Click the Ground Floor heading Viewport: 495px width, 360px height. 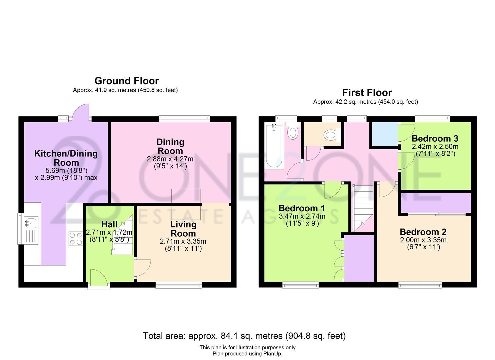(x=126, y=81)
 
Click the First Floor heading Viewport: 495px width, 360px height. (x=367, y=93)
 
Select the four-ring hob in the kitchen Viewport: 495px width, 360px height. (x=75, y=239)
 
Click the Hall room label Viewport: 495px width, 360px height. (x=109, y=224)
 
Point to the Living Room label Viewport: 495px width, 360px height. (x=183, y=229)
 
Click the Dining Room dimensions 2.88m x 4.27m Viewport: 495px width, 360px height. (x=170, y=159)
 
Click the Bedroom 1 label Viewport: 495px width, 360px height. (x=302, y=208)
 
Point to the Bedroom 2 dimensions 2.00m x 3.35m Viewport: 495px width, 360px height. (x=423, y=240)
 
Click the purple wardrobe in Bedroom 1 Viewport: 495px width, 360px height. (x=359, y=258)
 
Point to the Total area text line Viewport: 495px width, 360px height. (x=244, y=336)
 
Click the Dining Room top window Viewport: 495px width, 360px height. (x=184, y=118)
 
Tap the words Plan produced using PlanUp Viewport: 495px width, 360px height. (x=247, y=354)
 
